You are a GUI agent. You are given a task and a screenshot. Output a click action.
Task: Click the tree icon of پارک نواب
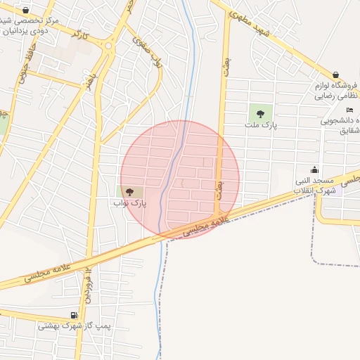click(129, 191)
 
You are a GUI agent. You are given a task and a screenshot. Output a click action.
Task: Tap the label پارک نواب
click(129, 202)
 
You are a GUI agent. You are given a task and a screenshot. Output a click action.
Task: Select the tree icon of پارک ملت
click(261, 113)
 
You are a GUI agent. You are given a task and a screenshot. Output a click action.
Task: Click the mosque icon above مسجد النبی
click(314, 169)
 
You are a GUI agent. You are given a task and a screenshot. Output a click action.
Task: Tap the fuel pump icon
click(74, 315)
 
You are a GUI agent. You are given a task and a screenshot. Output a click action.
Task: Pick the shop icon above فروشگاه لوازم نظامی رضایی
click(336, 75)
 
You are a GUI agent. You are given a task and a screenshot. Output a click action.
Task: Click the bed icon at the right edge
click(350, 110)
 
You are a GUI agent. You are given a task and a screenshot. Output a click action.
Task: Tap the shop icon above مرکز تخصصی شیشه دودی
click(26, 11)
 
